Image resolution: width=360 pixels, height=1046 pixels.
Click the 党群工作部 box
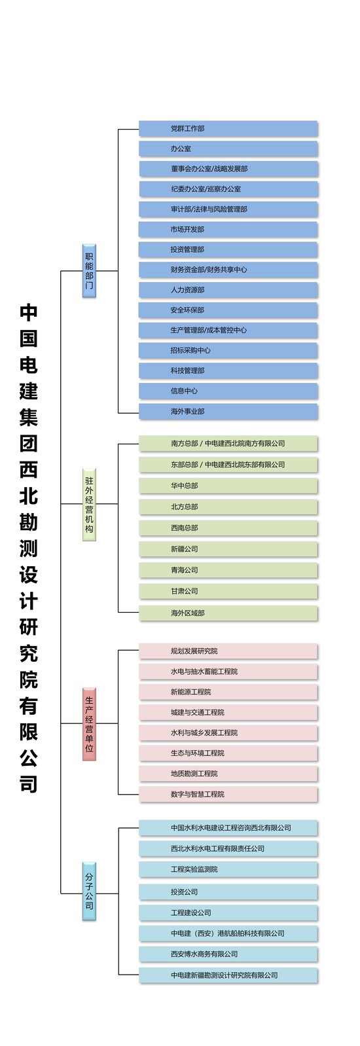point(228,128)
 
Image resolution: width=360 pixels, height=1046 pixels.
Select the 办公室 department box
point(228,149)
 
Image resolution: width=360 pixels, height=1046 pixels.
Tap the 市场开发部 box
point(228,229)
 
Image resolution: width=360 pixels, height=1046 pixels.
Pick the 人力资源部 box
point(228,290)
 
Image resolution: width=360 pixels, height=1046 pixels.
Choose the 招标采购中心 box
point(228,350)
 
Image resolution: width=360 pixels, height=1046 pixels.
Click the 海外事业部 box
point(228,411)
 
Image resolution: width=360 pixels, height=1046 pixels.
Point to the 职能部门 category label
point(89,270)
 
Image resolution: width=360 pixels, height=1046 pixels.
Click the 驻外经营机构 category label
point(89,504)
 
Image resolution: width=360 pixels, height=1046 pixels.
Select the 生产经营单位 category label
point(89,724)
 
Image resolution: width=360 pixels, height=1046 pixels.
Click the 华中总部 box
point(228,486)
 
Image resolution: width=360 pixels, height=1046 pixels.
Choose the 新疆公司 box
point(228,549)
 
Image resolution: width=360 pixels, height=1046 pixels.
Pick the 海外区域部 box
point(228,613)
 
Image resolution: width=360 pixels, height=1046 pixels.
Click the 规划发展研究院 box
point(228,651)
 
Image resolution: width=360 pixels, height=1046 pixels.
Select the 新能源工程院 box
point(228,692)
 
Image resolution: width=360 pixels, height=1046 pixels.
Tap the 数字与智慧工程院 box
point(228,794)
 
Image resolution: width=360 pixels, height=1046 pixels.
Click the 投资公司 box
point(228,892)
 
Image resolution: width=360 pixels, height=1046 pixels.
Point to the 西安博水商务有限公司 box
point(228,954)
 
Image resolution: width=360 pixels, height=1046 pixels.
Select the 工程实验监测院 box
point(228,869)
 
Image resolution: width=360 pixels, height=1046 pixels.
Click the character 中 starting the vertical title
point(29,312)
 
